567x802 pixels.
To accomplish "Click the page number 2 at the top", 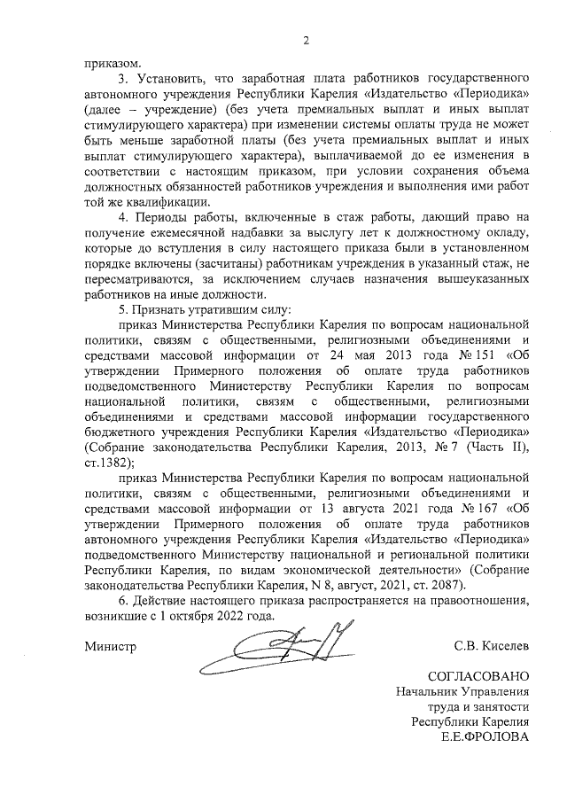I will [306, 39].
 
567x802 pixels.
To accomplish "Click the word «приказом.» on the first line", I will [112, 62].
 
